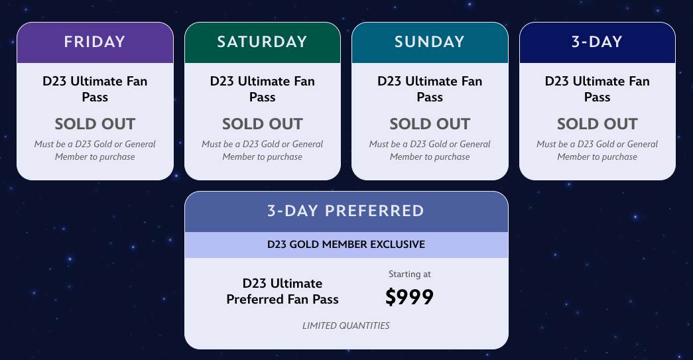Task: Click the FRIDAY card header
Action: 95,42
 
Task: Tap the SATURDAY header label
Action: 262,42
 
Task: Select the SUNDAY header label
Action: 430,42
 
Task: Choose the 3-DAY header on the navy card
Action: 597,42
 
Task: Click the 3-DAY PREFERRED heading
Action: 346,211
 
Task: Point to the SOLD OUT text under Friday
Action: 95,124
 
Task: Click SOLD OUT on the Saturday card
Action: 262,124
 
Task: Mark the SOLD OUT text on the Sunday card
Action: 430,124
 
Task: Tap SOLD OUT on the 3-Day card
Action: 597,124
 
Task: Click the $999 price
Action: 409,297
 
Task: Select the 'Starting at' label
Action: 409,274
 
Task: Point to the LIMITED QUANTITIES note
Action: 346,326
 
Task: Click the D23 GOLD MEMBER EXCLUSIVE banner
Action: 346,245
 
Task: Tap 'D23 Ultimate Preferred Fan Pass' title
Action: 283,291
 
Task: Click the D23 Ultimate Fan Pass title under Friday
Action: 95,89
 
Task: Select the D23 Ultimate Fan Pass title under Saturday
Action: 262,89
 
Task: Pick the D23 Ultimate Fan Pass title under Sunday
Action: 430,89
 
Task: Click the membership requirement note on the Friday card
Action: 95,150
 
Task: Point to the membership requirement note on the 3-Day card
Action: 597,150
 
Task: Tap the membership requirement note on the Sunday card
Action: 430,150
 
